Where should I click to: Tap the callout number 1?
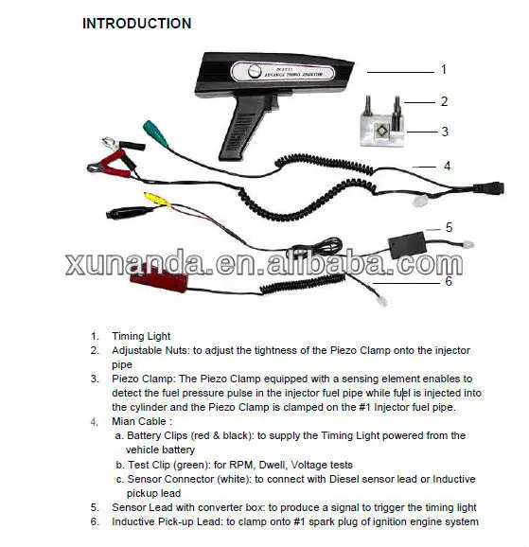443,69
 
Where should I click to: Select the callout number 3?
443,132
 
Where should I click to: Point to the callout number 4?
447,165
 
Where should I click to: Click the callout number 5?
449,227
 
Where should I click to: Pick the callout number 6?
448,281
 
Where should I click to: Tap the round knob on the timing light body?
256,72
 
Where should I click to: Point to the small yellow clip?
151,198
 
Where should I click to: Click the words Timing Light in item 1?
143,336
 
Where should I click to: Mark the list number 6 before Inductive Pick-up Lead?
95,521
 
